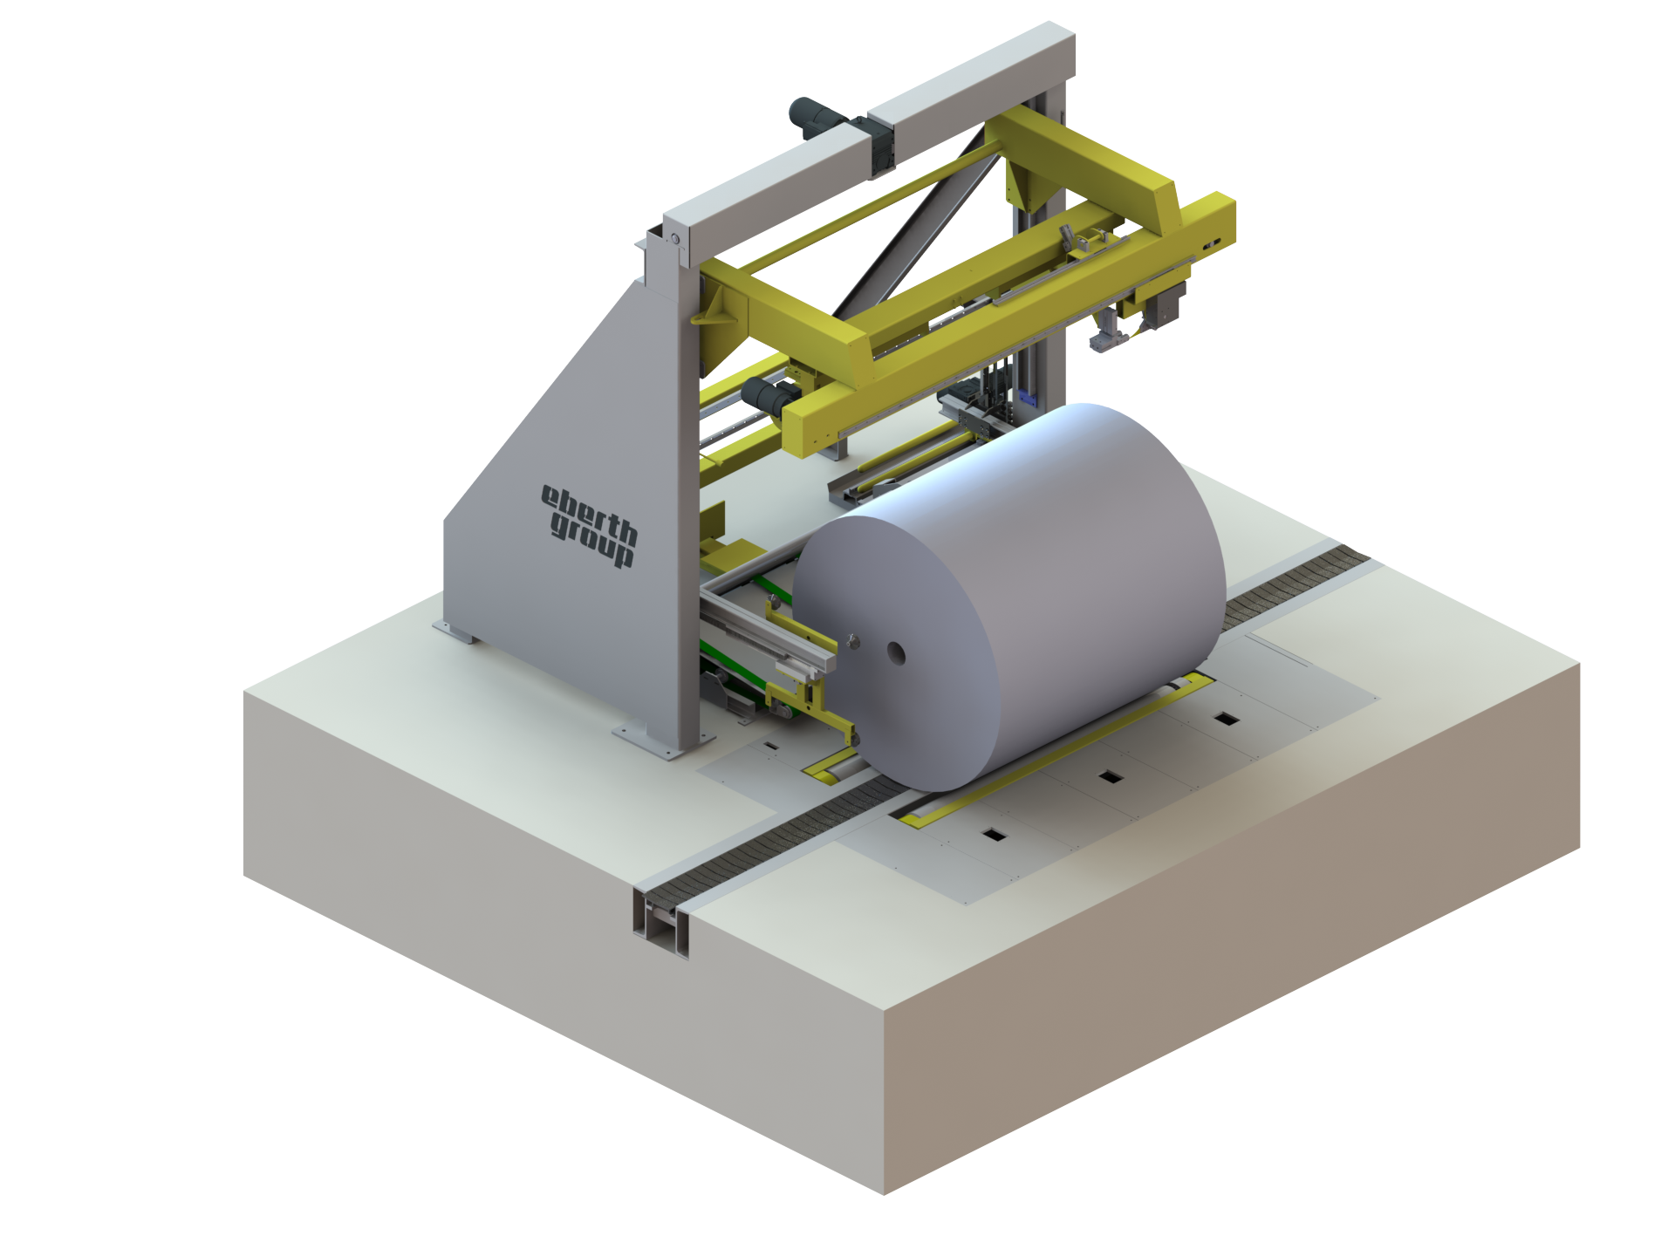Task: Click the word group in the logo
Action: (x=592, y=540)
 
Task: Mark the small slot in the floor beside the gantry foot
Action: (x=771, y=747)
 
